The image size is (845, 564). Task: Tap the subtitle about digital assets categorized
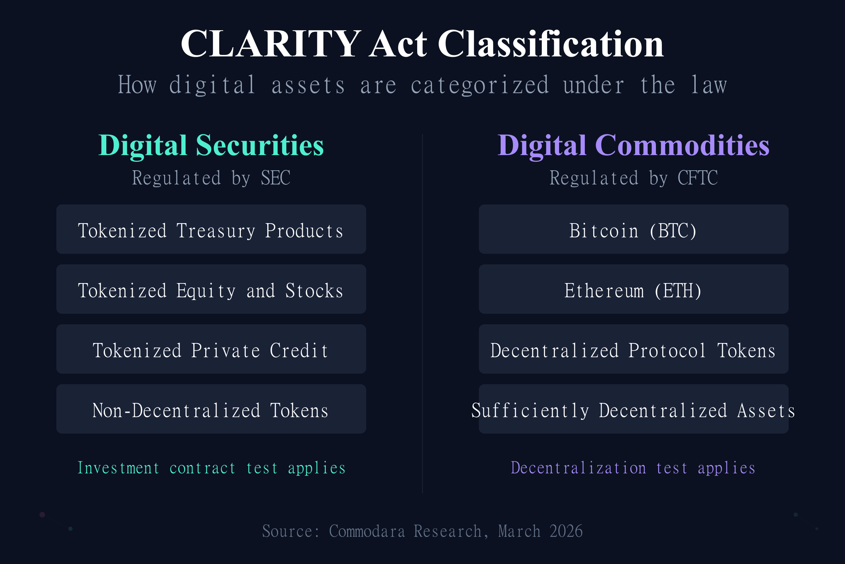pos(423,85)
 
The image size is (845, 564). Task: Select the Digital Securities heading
pos(211,145)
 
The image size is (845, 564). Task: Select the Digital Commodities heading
pos(633,145)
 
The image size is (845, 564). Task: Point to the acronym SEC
pos(275,178)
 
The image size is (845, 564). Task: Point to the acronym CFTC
pos(697,178)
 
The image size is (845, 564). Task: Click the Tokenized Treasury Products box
pos(211,229)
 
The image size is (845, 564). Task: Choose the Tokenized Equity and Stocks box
pos(211,289)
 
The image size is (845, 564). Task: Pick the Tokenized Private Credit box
pos(211,349)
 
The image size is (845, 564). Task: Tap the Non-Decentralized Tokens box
pos(211,409)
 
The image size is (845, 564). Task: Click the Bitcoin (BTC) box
pos(633,229)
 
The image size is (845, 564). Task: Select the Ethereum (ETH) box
pos(633,289)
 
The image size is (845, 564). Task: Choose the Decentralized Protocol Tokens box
pos(633,349)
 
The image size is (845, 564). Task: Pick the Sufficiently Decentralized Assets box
pos(633,409)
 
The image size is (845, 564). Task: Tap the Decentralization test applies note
pos(633,468)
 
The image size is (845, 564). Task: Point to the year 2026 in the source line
pos(566,531)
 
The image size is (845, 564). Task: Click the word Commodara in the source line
pos(367,531)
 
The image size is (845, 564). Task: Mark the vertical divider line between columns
pos(423,313)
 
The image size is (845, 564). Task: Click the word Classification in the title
pos(550,44)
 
